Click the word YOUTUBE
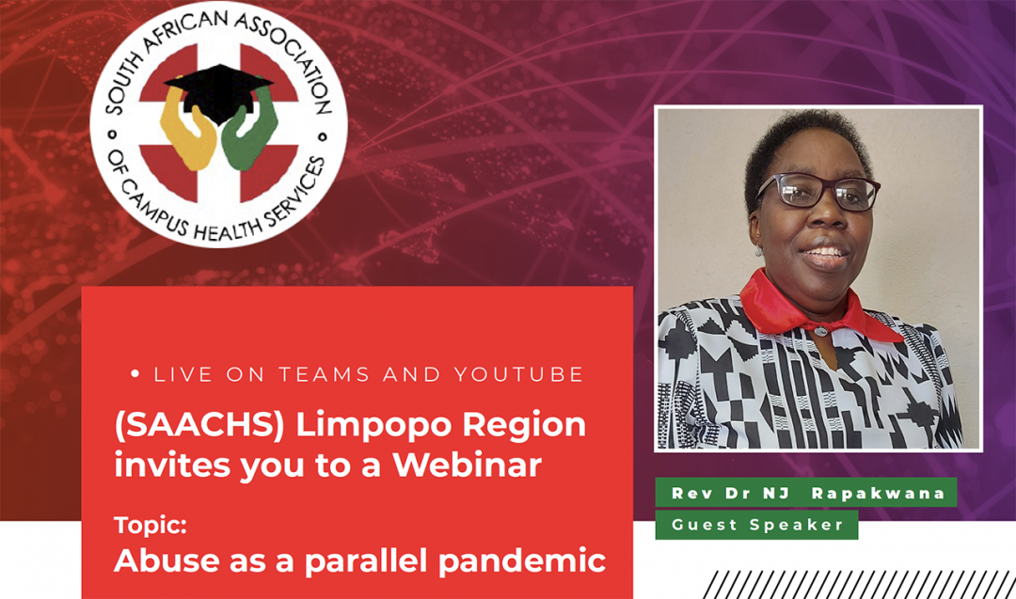coord(519,374)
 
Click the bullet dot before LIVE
coord(135,373)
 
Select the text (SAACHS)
coord(199,425)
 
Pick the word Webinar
coord(468,465)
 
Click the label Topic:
coord(151,525)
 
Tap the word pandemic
coord(522,560)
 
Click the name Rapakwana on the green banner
coord(878,494)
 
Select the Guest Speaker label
coord(757,525)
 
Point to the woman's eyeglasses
coord(818,192)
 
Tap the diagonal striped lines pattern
coord(859,585)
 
